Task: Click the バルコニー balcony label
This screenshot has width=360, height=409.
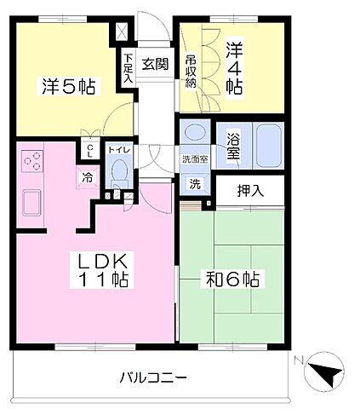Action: tap(153, 377)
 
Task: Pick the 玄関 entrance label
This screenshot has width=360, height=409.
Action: tap(154, 63)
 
